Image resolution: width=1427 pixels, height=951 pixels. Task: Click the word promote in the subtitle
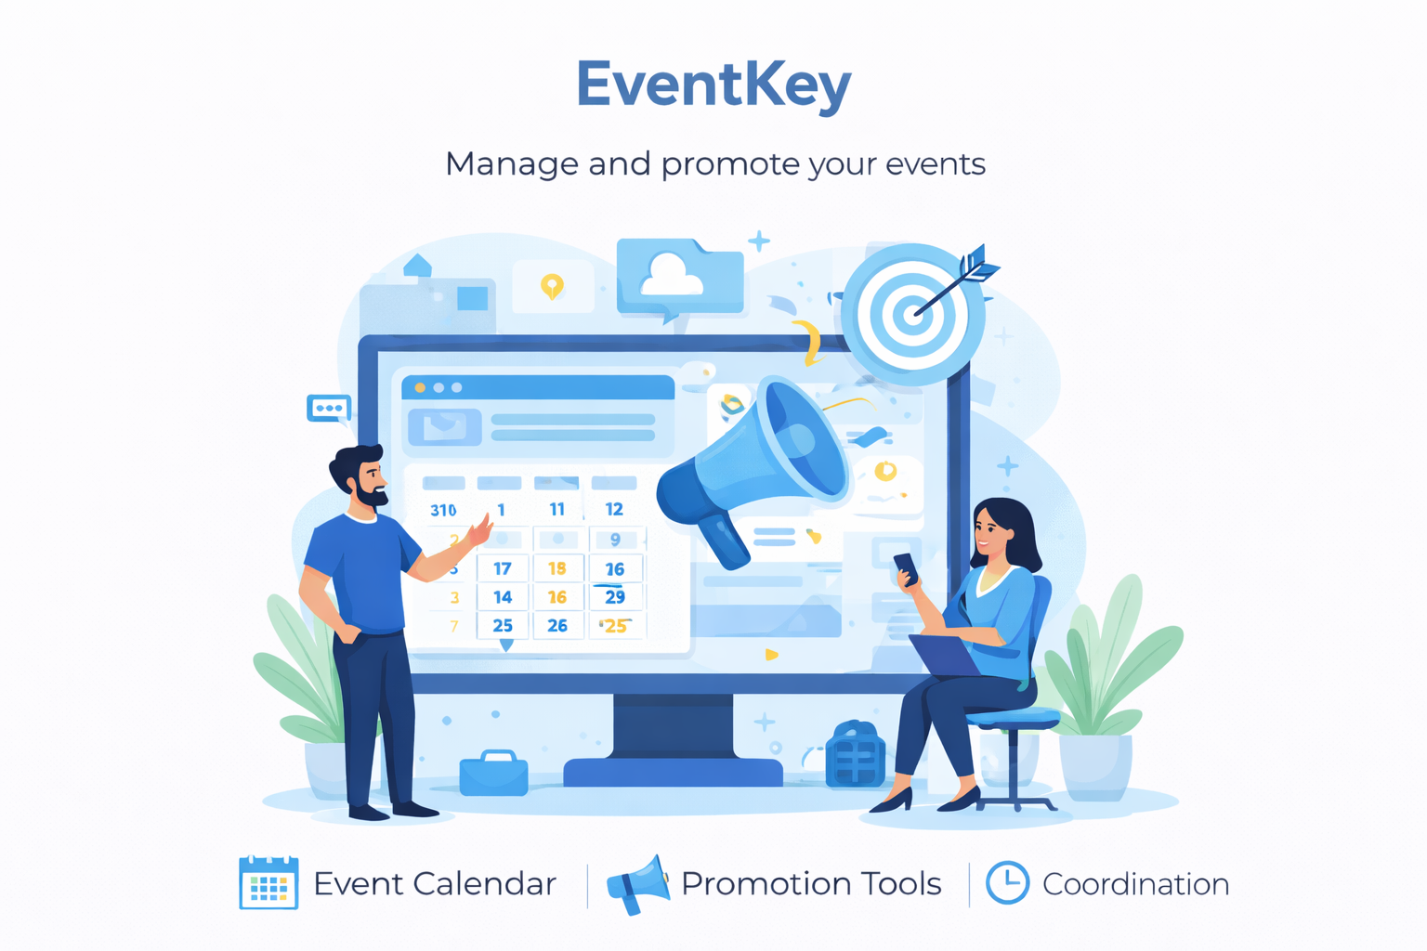(730, 165)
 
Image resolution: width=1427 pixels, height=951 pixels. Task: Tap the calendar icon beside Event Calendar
(268, 882)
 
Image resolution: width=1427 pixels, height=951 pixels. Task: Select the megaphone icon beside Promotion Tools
(637, 885)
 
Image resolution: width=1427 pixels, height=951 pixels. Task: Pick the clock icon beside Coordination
(1007, 883)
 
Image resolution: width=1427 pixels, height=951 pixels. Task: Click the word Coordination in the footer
(1136, 884)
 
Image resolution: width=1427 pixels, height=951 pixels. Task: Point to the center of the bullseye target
(913, 314)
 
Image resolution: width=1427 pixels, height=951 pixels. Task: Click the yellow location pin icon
(552, 286)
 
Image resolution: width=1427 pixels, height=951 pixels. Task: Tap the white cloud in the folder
(670, 275)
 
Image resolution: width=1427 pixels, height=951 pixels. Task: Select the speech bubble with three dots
(329, 409)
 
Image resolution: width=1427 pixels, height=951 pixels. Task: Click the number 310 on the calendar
(443, 510)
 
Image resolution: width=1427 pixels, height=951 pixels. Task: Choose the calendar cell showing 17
(503, 568)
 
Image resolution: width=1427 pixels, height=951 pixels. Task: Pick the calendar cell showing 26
(557, 626)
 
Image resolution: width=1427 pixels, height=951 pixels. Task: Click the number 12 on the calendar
(614, 509)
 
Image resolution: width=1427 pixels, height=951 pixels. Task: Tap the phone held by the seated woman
(907, 568)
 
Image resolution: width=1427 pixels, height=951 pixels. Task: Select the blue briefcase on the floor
(493, 773)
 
